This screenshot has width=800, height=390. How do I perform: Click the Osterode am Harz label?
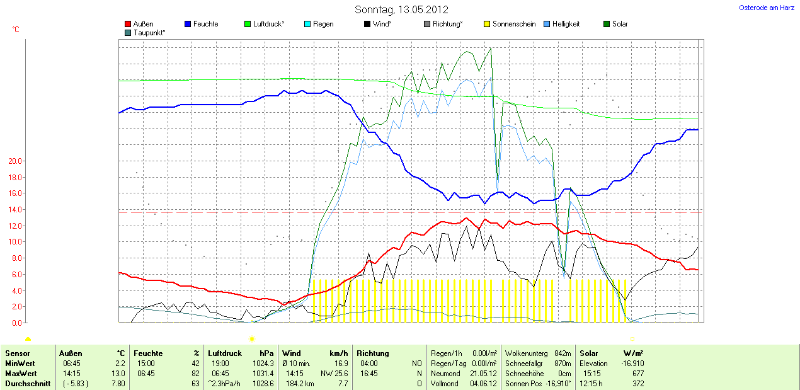767,8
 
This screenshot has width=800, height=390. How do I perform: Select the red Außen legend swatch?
129,24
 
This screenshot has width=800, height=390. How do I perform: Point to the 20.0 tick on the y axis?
14,161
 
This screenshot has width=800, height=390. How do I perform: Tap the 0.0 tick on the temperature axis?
16,323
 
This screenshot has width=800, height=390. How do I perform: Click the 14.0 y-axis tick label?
14,210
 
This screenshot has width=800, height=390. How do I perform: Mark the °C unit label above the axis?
16,30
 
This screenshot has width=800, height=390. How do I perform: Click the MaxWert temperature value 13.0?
119,374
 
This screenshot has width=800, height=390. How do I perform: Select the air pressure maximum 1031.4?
263,374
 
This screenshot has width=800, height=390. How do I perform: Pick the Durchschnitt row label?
27,383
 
